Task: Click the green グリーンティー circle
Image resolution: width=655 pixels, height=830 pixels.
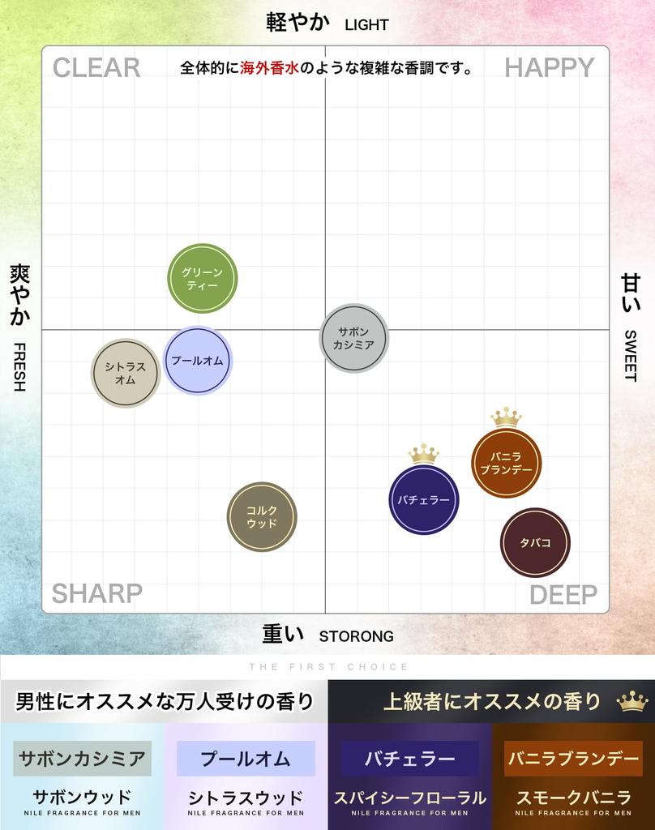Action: point(202,278)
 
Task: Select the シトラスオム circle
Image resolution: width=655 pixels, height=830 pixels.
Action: point(125,373)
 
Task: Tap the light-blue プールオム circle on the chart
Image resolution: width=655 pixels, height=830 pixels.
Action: point(198,361)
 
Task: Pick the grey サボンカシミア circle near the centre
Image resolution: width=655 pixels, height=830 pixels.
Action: point(353,338)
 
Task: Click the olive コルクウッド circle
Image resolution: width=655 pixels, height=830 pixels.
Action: point(262,517)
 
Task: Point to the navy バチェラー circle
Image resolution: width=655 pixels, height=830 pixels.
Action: point(423,500)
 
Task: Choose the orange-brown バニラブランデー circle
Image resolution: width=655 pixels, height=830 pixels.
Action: point(506,463)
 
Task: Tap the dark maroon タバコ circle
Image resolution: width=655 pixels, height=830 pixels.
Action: point(535,542)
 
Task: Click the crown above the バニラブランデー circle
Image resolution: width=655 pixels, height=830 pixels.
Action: point(506,417)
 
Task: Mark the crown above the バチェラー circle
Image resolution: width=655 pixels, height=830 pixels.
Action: point(423,454)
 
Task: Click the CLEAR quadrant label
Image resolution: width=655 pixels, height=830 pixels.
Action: point(96,68)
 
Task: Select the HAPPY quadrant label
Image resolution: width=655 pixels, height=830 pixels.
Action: point(550,68)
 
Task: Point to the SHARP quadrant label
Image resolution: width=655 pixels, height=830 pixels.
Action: point(96,593)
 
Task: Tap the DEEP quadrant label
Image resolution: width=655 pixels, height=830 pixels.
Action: point(563,595)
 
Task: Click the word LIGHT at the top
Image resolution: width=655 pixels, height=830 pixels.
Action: point(366,24)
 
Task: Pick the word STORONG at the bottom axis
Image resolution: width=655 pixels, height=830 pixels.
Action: point(356,636)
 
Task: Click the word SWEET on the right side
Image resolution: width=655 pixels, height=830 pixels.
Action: point(631,355)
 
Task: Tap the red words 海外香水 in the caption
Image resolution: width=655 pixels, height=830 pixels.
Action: point(269,69)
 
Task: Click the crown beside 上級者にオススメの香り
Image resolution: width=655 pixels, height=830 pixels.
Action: point(631,701)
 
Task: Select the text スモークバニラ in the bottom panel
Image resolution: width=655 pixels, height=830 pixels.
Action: point(573,798)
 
